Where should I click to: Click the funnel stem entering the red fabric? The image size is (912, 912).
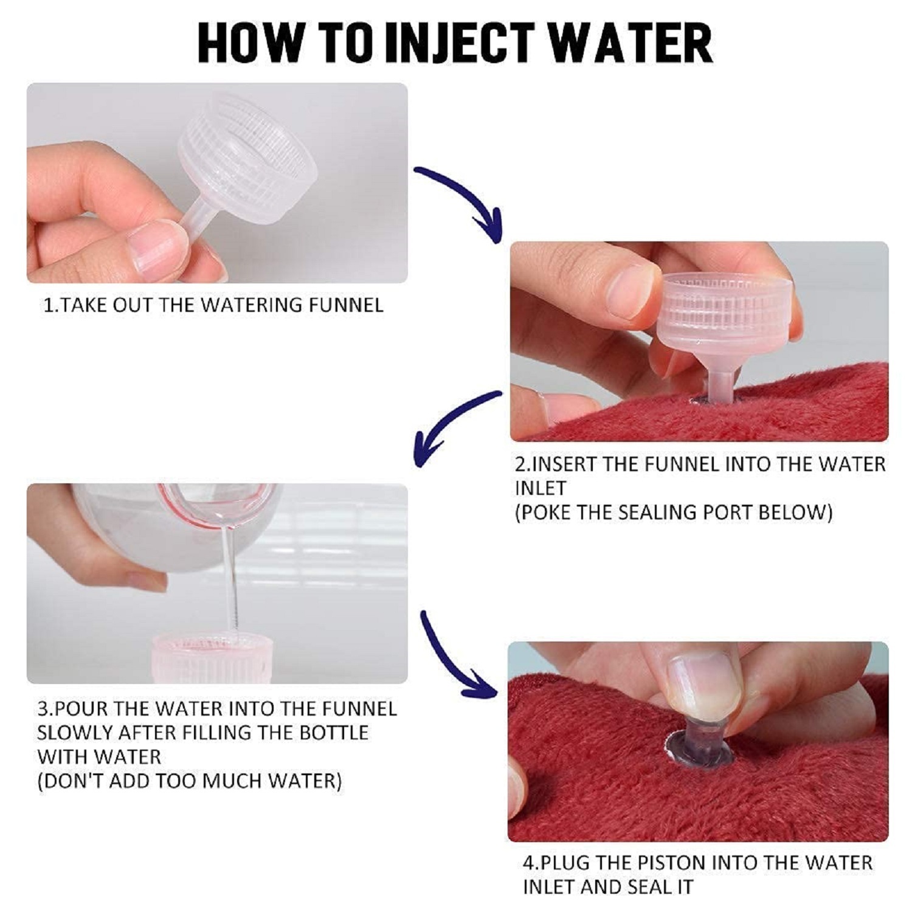click(719, 386)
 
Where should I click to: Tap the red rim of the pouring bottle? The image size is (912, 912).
click(182, 505)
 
